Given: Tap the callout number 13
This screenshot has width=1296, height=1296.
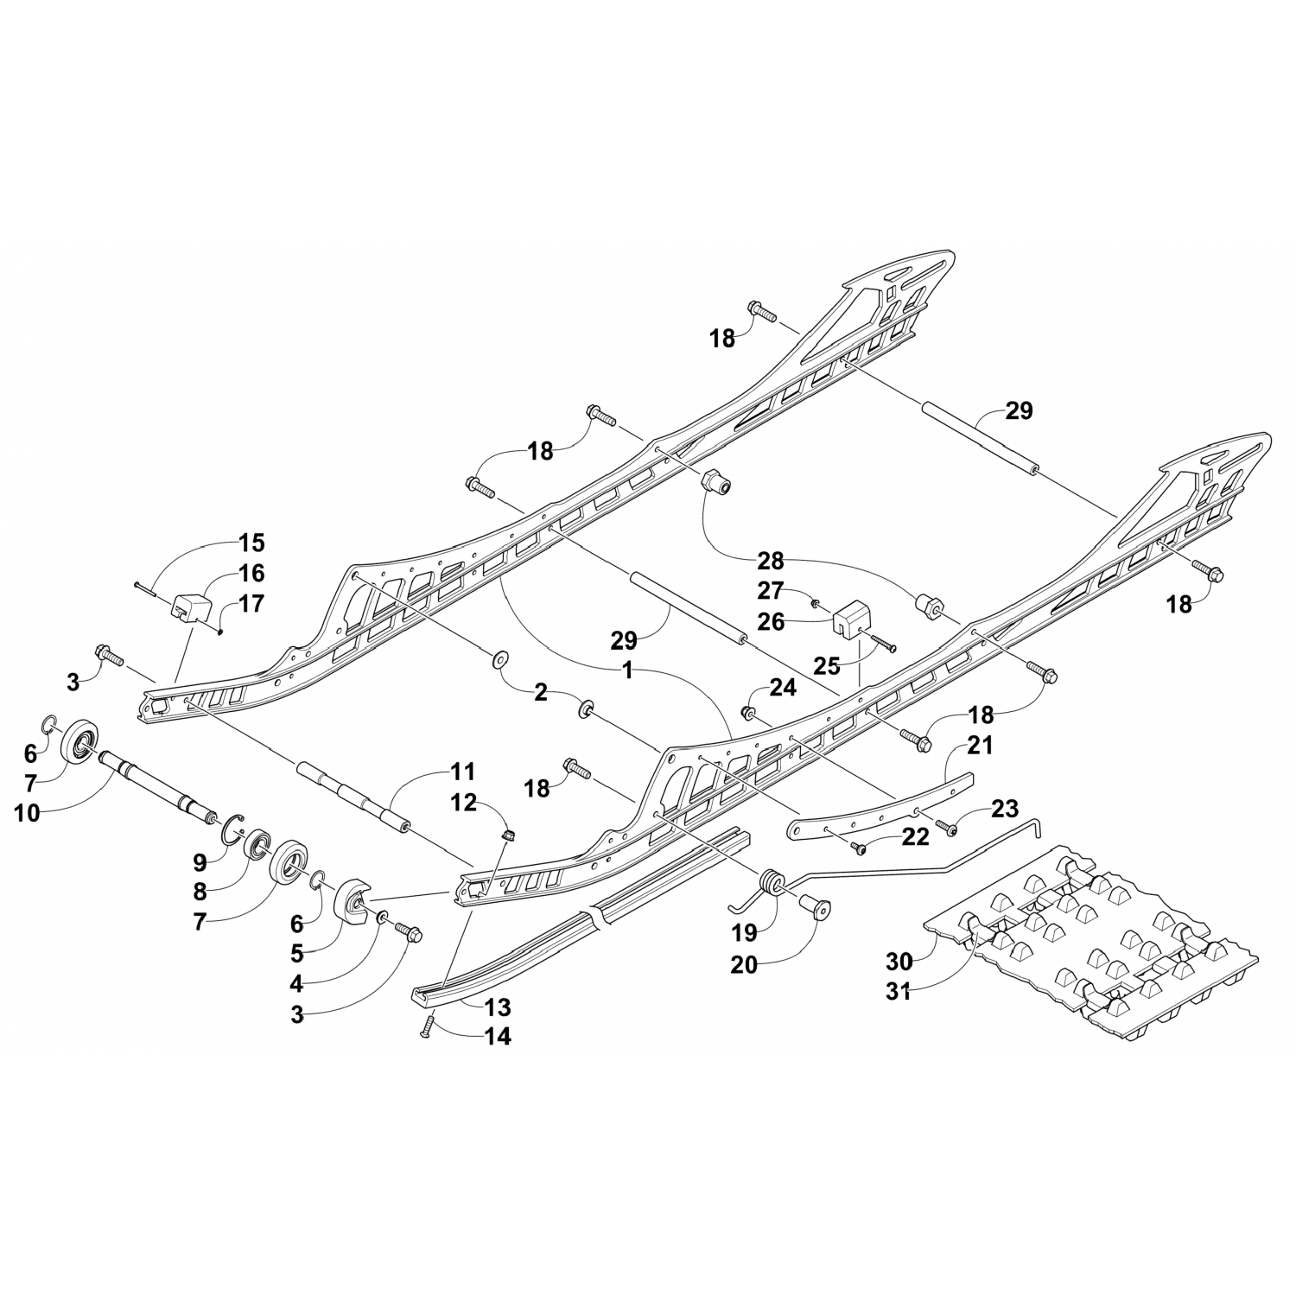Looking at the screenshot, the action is pos(498,1007).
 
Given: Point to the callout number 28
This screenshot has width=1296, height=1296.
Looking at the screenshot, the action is pos(770,561).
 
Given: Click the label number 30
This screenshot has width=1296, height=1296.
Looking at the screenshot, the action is pos(899,961).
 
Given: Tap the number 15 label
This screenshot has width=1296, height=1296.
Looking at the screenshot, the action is pos(251,543).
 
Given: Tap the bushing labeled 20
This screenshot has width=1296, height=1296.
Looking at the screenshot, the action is pos(816,909).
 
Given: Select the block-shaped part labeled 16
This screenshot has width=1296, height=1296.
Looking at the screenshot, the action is pos(194,607).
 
